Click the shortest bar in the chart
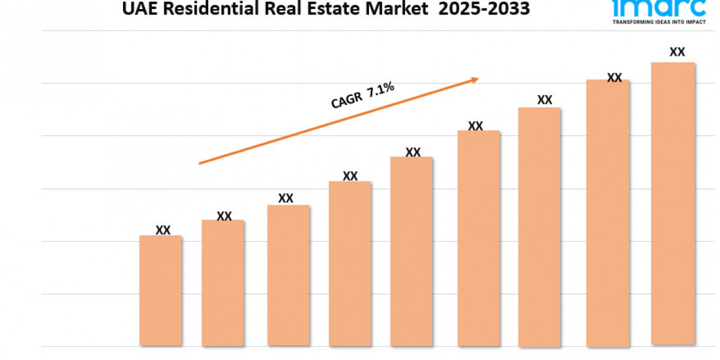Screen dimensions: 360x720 [160, 290]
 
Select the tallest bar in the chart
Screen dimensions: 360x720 [673, 204]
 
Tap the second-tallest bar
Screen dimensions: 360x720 [608, 213]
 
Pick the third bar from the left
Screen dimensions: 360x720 [289, 275]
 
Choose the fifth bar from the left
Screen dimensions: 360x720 [412, 251]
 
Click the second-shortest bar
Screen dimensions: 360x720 [223, 283]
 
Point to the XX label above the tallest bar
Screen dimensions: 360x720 [677, 52]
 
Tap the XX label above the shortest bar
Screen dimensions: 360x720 [163, 230]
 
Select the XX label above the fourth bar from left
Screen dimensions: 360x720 [350, 176]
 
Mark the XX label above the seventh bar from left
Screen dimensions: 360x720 [545, 100]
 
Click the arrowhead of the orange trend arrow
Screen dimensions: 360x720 [474, 79]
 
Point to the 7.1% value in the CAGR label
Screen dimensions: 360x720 [381, 89]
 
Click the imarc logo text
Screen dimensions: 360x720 [658, 7]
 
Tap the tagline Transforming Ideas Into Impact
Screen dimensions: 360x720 [658, 21]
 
